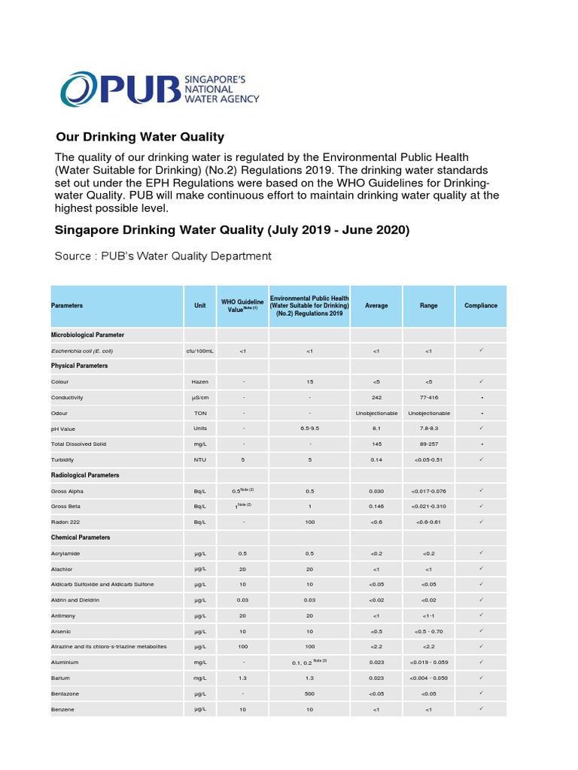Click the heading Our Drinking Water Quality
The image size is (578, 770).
point(140,137)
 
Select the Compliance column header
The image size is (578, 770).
point(481,306)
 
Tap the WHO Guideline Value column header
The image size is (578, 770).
point(242,305)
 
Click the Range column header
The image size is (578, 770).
point(428,306)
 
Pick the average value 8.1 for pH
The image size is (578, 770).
point(376,429)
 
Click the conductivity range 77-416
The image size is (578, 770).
point(428,397)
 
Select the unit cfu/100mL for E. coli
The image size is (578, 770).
point(200,350)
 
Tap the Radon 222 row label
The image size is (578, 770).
point(66,522)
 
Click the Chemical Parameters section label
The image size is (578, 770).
point(81,538)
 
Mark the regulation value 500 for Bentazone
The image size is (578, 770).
point(309,693)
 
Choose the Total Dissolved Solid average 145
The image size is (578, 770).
point(376,444)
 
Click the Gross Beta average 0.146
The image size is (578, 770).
point(376,506)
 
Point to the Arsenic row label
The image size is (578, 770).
point(62,631)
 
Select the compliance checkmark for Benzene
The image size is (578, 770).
point(481,708)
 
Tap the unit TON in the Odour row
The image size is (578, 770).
point(200,413)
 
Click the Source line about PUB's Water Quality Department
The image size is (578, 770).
point(163,256)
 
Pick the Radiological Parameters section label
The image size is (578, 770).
point(85,475)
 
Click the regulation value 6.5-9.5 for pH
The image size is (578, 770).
point(309,429)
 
